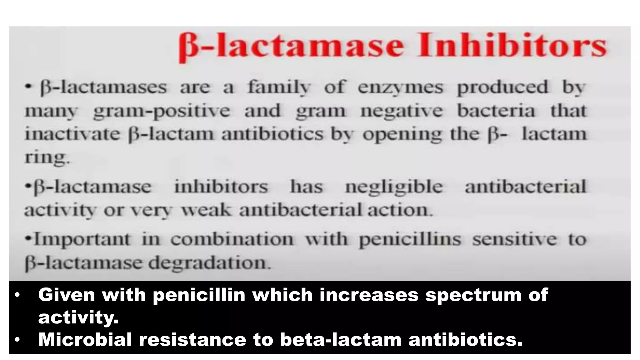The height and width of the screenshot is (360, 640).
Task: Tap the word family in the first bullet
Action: tap(279, 87)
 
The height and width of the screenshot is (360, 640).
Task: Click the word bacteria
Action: tap(496, 111)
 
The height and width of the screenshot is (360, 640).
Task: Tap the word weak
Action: tap(206, 210)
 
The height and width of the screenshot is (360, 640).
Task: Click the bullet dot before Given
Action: tap(17, 295)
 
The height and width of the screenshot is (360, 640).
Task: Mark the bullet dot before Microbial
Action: tap(17, 339)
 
